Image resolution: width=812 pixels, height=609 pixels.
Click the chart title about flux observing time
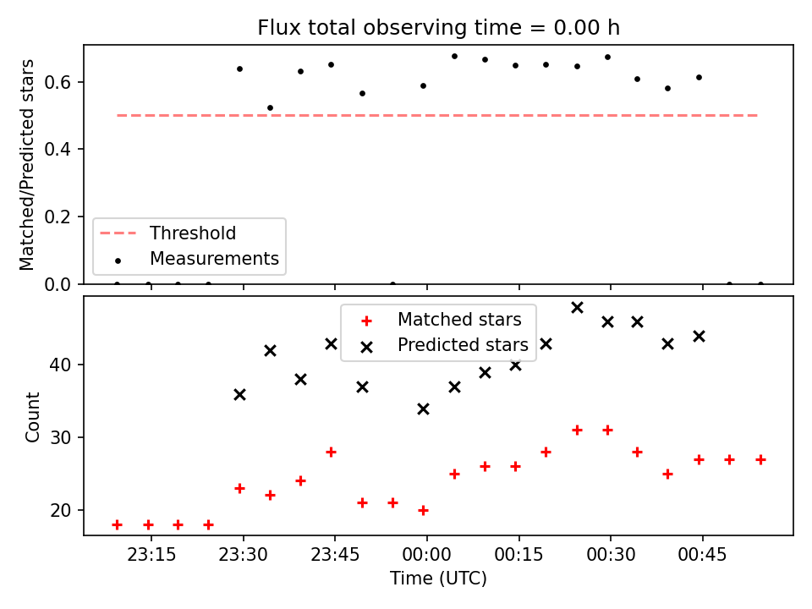(x=439, y=27)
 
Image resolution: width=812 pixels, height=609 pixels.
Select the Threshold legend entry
(x=167, y=233)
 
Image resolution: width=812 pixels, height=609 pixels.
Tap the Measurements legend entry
(x=196, y=259)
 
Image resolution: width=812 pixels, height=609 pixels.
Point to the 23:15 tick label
(x=151, y=555)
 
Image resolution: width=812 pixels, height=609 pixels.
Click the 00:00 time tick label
(x=426, y=555)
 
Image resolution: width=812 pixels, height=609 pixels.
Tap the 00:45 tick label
(x=703, y=555)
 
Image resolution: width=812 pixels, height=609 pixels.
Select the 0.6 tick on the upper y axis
(x=58, y=82)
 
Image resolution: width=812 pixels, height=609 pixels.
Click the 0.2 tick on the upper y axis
(x=58, y=217)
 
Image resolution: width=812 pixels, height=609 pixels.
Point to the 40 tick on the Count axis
(x=60, y=365)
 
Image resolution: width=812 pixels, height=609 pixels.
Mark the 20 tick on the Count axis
(x=60, y=510)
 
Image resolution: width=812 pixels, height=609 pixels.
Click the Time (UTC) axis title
(x=439, y=578)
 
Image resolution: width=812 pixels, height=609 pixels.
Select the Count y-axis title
(x=32, y=417)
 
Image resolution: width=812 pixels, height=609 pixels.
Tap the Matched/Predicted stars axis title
(x=26, y=165)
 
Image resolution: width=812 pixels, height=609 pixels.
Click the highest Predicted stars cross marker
(x=578, y=308)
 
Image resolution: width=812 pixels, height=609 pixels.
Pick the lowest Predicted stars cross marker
(x=423, y=409)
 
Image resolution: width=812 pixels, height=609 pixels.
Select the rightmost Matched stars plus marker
(x=760, y=460)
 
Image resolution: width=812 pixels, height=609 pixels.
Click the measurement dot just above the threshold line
(x=270, y=107)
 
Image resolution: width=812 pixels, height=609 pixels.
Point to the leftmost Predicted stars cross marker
(x=239, y=395)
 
